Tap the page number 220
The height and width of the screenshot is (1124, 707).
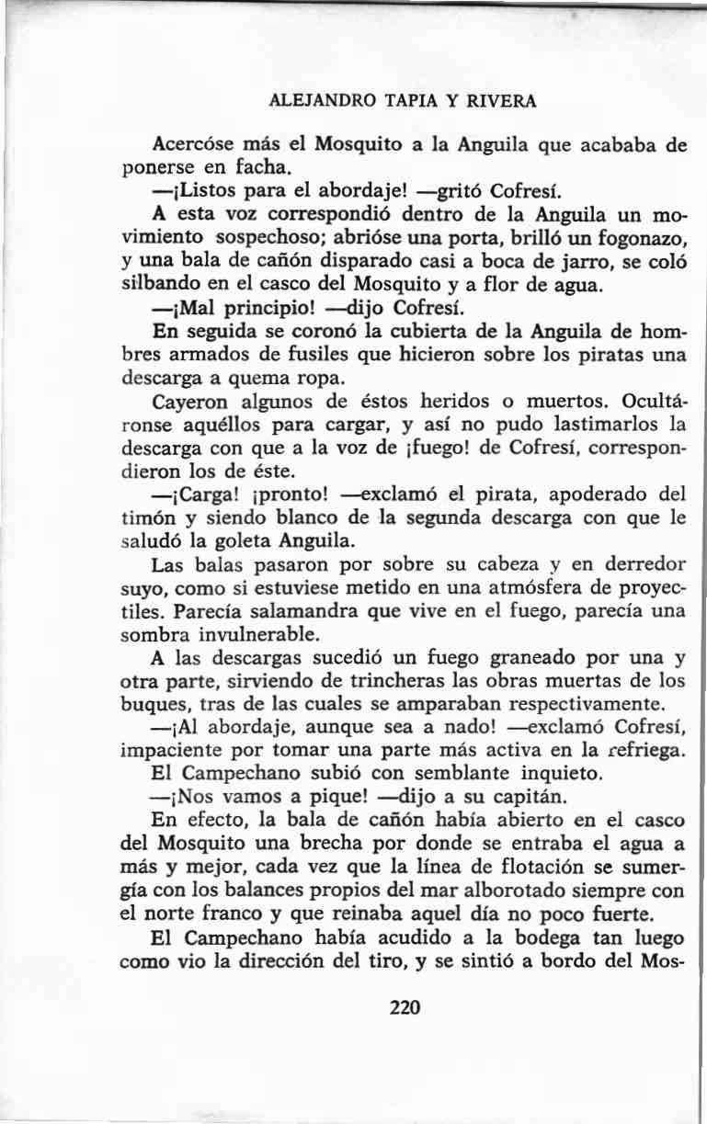pos(405,1007)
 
